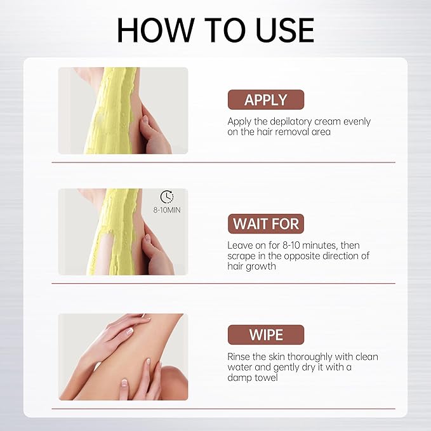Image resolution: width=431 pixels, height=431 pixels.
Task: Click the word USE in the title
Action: tap(285, 30)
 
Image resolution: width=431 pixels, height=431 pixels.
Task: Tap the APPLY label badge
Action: tap(266, 100)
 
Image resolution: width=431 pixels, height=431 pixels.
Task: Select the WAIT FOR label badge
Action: tap(266, 223)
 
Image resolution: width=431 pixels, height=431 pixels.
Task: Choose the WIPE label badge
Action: tap(266, 335)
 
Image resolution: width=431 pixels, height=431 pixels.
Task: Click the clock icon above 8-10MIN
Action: tap(167, 197)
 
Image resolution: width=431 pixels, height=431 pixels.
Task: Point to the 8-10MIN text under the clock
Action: tap(167, 210)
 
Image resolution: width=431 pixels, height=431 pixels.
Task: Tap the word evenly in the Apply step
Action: tap(357, 122)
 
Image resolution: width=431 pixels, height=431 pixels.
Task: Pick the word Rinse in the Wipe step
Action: tap(239, 357)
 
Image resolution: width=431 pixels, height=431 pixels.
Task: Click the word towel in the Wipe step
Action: tap(266, 378)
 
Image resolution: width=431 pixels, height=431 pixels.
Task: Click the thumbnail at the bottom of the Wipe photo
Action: tap(124, 383)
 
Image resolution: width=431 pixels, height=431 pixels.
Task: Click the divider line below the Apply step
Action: tap(223, 162)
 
